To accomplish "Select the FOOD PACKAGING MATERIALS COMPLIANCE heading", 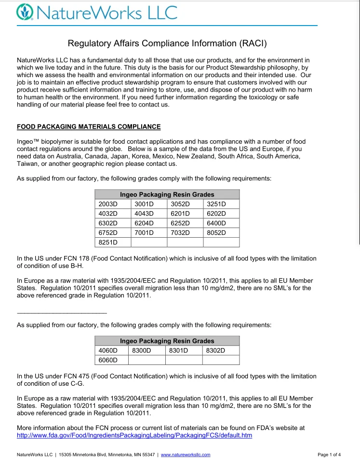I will coord(89,127).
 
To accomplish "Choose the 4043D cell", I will coord(144,214).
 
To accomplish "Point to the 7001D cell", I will coord(144,232).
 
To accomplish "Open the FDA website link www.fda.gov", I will coord(134,435).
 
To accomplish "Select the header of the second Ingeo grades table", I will coord(167,341).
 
